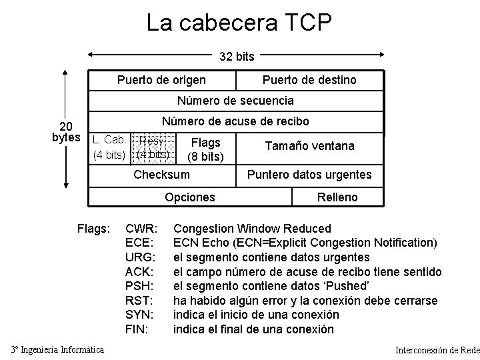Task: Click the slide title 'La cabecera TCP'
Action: pos(239,23)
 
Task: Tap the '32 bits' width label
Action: pos(237,57)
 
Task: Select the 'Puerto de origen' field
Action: pos(161,80)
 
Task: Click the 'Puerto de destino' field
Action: pos(309,80)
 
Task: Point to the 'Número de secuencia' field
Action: pos(235,101)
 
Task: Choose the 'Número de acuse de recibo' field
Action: pos(235,122)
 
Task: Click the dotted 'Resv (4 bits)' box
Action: pos(153,148)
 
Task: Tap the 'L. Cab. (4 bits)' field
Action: pos(111,148)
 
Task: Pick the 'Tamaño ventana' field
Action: pos(309,146)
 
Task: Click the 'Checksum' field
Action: pos(161,175)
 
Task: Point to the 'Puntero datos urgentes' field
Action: pos(309,175)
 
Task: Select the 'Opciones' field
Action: pos(190,197)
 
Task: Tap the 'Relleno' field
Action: pos(338,197)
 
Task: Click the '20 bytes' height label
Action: pos(67,132)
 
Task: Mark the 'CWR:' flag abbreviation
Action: pos(141,229)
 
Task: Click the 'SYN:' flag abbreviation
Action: pos(141,315)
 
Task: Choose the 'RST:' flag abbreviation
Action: pos(141,301)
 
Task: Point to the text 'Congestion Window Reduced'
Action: pos(252,229)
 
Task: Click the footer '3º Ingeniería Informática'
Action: pos(58,349)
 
